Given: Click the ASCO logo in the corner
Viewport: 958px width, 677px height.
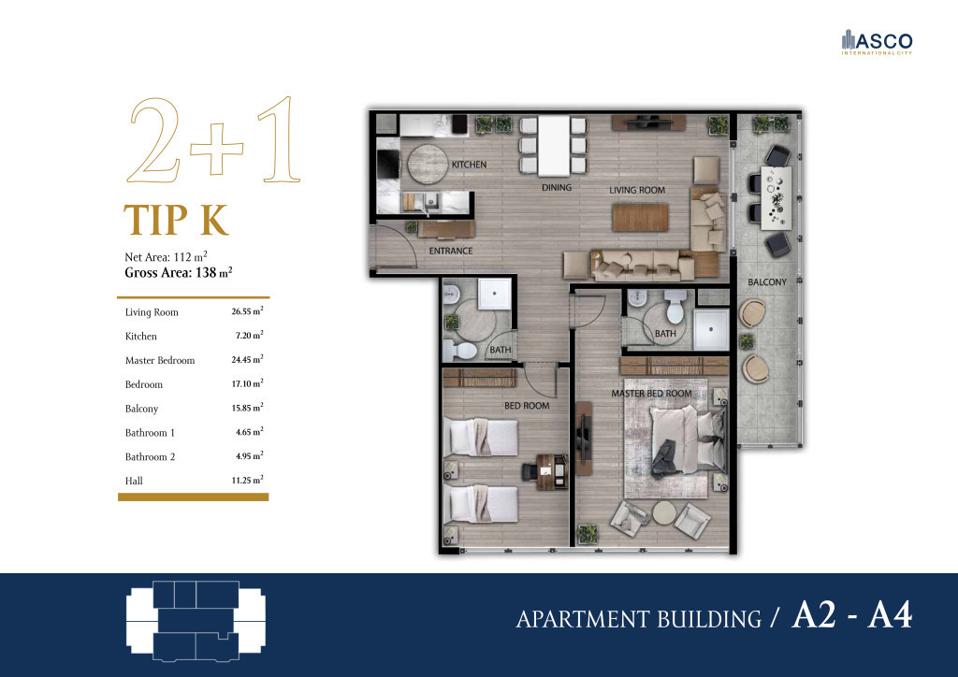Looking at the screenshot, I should pos(876,42).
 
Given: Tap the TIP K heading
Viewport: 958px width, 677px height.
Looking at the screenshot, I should pos(176,221).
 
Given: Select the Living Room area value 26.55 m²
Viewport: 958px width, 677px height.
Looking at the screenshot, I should pos(247,311).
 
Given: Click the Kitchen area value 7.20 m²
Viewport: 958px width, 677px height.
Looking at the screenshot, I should pos(247,336).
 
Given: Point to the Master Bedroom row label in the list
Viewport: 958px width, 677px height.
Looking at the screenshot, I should pos(160,360).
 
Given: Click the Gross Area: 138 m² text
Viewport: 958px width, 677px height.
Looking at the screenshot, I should pos(178,273).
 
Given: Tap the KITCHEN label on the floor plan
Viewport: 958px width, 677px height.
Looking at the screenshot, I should pos(469,166).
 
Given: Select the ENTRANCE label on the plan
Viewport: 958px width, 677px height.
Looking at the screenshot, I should pos(450,251).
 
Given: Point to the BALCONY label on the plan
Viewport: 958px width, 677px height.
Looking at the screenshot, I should pos(766,282).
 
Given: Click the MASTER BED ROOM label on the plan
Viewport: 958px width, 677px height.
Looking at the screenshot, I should pos(651,394).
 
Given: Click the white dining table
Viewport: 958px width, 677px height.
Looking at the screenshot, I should pos(552,145).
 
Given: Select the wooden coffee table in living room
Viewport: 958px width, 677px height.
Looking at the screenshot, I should pos(641,217).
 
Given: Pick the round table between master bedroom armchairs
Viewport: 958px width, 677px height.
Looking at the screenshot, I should pos(665,513).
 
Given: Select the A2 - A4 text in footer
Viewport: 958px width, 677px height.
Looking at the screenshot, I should pos(851,616).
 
